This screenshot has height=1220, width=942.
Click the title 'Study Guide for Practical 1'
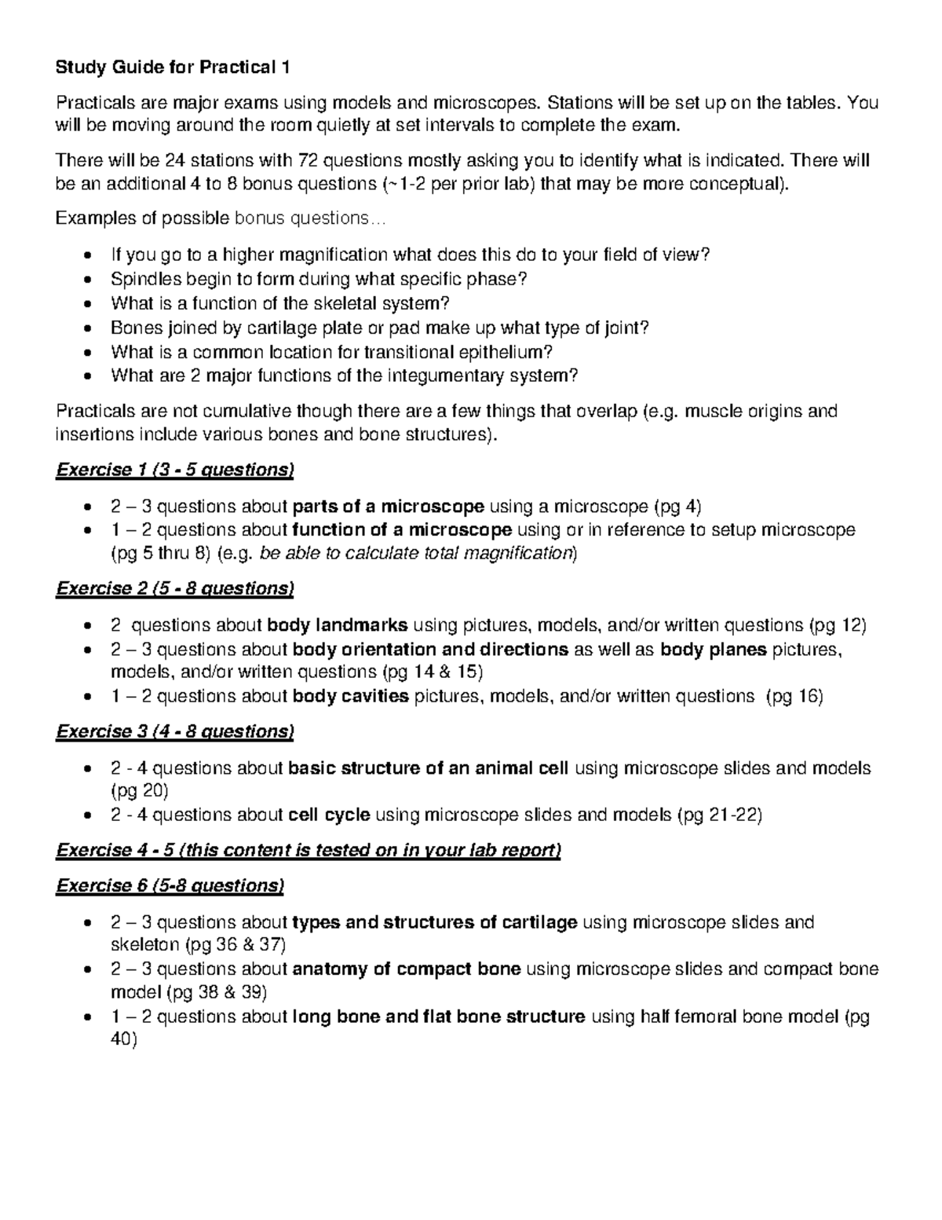point(172,68)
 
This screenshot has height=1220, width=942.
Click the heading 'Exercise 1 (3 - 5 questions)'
point(174,470)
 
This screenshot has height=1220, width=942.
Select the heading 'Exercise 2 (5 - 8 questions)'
point(174,588)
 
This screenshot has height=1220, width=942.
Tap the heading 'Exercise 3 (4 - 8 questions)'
point(174,731)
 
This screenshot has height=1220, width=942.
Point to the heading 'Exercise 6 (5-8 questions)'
point(170,885)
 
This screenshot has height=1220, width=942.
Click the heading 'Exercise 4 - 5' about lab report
point(308,850)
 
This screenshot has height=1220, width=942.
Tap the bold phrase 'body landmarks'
point(338,625)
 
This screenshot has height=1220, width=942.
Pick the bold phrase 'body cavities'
point(350,696)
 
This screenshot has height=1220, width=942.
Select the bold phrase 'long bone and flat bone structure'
point(438,1017)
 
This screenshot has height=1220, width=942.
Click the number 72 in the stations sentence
point(309,161)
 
